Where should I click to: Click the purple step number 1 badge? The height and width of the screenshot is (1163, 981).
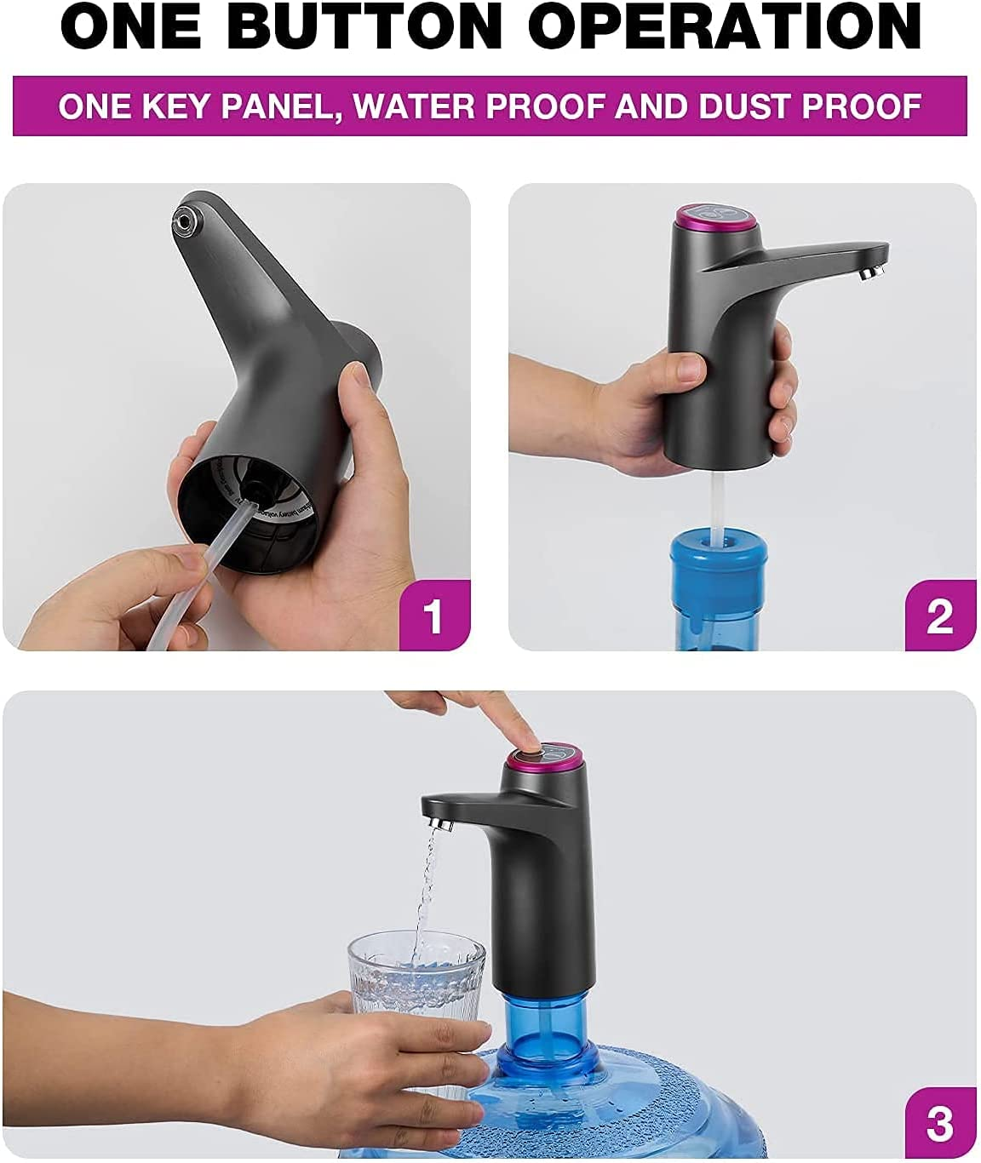[x=434, y=616]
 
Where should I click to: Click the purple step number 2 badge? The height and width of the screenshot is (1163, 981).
[x=939, y=616]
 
